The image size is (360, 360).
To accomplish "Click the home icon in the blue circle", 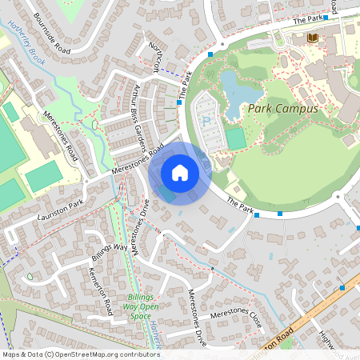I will tap(180, 172).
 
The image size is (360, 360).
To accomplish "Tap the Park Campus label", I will tap(282, 109).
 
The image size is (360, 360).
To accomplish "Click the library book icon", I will tap(311, 38).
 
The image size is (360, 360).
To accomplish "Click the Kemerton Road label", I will tap(98, 290).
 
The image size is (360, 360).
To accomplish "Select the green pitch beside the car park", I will tap(235, 138).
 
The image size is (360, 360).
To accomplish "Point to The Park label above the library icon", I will tap(312, 19).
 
